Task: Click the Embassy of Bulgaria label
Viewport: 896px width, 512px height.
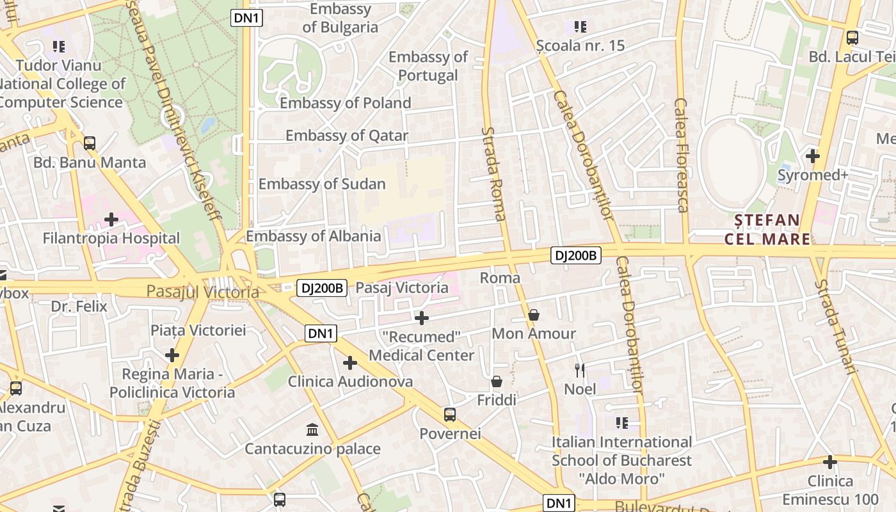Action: pyautogui.click(x=340, y=18)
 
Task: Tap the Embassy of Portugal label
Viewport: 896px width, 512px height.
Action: pyautogui.click(x=428, y=66)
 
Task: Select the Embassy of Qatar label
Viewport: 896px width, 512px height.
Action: pyautogui.click(x=346, y=136)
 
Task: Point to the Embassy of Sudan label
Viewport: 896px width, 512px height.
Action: pyautogui.click(x=322, y=184)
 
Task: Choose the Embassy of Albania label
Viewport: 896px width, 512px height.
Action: pyautogui.click(x=314, y=236)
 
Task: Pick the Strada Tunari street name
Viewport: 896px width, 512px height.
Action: pyautogui.click(x=836, y=326)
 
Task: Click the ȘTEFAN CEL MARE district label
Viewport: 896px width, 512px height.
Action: pyautogui.click(x=767, y=230)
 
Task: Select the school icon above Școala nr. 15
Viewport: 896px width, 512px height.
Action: pyautogui.click(x=580, y=27)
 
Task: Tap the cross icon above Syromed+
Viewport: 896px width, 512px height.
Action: pyautogui.click(x=813, y=156)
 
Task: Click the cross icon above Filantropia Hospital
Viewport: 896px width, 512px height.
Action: pyautogui.click(x=111, y=220)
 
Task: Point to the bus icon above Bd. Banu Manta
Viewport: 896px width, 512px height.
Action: pyautogui.click(x=90, y=143)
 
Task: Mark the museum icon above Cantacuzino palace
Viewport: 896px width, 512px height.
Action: pyautogui.click(x=312, y=429)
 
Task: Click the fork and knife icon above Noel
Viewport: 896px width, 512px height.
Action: pyautogui.click(x=580, y=370)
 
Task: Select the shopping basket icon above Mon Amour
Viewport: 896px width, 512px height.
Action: pyautogui.click(x=534, y=315)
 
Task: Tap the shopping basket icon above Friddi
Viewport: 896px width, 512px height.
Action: pyautogui.click(x=497, y=382)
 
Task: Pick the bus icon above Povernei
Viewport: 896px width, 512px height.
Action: pyautogui.click(x=450, y=415)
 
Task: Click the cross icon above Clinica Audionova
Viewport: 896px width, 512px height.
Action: pyautogui.click(x=349, y=363)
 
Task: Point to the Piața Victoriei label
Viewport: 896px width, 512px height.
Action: pyautogui.click(x=198, y=331)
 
